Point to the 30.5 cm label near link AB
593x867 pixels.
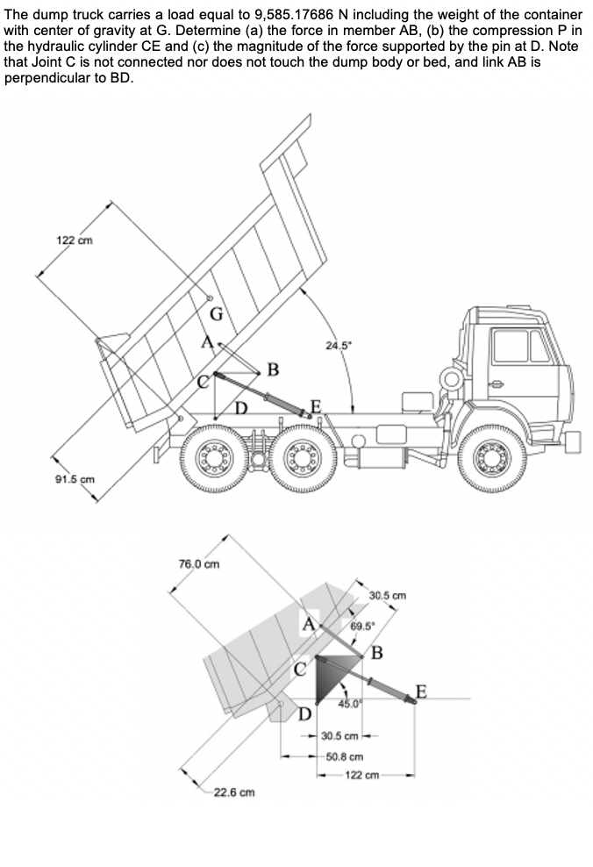pos(388,597)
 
